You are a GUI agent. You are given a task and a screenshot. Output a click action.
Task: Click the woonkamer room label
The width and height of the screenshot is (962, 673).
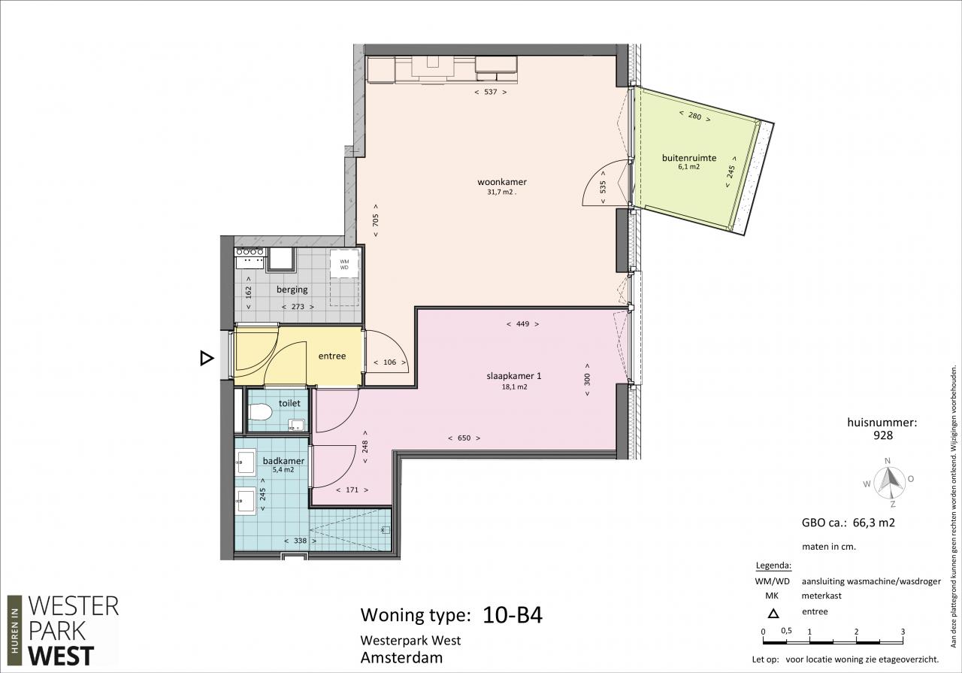click(502, 182)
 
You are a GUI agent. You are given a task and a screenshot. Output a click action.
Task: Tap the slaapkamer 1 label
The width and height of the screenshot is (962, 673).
click(513, 376)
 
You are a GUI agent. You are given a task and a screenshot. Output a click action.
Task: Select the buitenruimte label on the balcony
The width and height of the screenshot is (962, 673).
click(689, 158)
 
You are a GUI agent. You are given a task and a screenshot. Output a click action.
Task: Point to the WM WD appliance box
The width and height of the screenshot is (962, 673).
click(344, 264)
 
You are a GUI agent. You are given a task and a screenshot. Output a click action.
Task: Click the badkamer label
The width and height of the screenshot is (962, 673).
click(283, 461)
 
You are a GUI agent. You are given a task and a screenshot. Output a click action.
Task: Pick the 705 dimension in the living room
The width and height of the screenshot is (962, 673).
click(376, 220)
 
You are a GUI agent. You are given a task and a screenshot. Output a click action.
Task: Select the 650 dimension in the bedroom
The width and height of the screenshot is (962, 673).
click(464, 438)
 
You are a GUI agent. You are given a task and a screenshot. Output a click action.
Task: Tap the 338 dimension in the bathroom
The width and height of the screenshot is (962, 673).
click(300, 541)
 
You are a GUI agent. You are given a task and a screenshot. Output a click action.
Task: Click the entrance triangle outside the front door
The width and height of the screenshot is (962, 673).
click(206, 358)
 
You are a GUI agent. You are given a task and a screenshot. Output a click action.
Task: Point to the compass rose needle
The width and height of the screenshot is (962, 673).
click(888, 480)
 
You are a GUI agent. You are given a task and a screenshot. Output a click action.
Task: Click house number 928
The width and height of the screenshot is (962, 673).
click(883, 435)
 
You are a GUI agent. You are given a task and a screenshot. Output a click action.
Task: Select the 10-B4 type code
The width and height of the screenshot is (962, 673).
click(513, 614)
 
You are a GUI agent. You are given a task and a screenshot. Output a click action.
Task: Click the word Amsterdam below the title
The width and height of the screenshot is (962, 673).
click(401, 657)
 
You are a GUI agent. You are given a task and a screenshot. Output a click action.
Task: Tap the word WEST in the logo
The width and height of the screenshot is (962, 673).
click(61, 656)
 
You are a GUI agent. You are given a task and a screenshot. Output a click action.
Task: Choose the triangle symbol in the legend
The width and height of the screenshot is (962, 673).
click(773, 614)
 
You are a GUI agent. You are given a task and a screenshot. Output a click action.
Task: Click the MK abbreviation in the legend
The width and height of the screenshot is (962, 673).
click(772, 596)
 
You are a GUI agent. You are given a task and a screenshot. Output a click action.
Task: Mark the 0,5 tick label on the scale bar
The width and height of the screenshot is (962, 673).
click(786, 631)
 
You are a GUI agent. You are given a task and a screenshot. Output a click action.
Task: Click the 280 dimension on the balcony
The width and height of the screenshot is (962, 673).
click(694, 116)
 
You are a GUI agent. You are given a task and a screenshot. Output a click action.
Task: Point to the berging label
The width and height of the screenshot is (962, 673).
click(292, 290)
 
